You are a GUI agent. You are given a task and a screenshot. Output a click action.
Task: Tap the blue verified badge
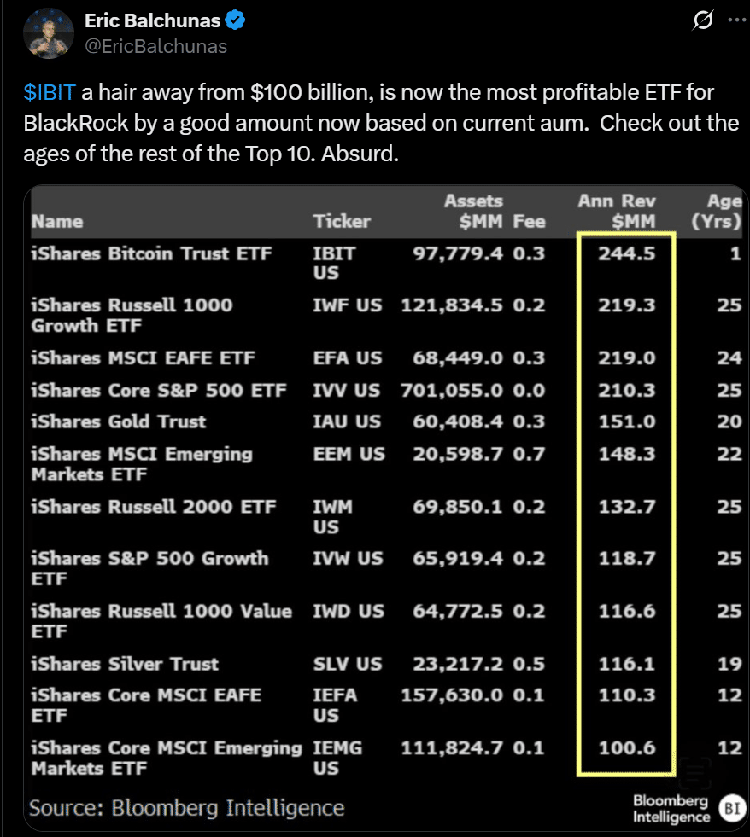(x=235, y=21)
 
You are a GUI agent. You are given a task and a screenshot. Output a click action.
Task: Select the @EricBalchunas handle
(x=156, y=46)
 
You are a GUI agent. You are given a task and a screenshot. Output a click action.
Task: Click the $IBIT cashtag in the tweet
(x=48, y=92)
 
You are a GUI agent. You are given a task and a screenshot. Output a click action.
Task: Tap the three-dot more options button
(x=736, y=20)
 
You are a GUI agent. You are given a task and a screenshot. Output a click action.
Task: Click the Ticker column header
(x=342, y=222)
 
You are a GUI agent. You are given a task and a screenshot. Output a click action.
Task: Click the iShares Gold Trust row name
(x=119, y=421)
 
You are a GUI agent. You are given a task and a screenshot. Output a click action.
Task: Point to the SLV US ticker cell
(x=348, y=664)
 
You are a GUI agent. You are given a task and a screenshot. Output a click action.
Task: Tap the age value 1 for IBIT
(x=735, y=253)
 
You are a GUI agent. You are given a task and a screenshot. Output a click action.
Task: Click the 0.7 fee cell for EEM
(x=530, y=454)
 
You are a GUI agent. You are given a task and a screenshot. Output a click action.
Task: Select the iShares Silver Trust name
(x=125, y=664)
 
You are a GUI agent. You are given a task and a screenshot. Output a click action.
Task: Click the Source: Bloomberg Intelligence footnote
(x=187, y=807)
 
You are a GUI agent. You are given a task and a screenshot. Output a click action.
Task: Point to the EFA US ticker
(x=347, y=358)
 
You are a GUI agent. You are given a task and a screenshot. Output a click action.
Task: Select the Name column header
(x=57, y=222)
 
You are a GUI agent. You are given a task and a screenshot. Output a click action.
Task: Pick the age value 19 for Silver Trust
(x=729, y=664)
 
